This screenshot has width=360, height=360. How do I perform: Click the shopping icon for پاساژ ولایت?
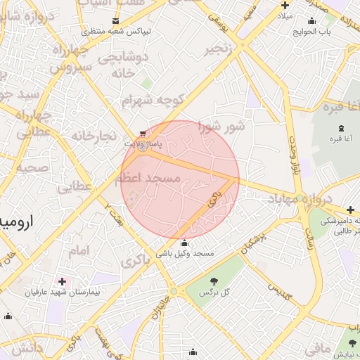[143, 133]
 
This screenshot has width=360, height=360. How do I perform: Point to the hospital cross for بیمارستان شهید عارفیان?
[63, 281]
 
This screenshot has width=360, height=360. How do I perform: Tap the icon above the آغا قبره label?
[341, 128]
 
